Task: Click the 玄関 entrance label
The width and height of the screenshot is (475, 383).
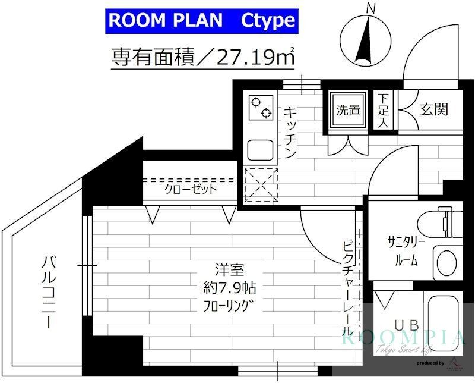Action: (434, 109)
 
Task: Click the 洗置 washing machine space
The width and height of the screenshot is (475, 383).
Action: (349, 111)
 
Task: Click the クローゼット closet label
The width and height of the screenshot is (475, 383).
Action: (191, 190)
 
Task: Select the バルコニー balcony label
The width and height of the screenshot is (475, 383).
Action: (50, 291)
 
